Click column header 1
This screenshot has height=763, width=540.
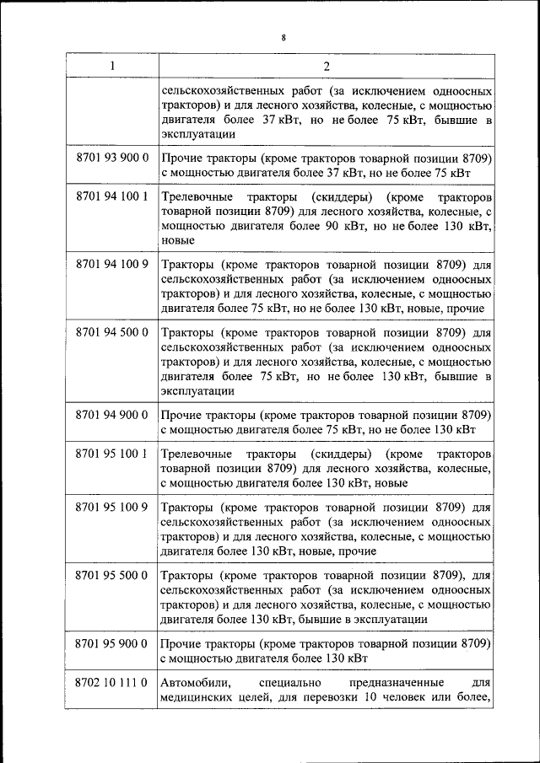tap(111, 66)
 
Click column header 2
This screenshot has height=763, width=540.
tap(326, 66)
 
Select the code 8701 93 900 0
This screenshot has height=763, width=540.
tap(111, 159)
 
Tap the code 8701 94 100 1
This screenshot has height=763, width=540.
tap(111, 197)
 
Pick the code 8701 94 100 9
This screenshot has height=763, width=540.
tap(111, 264)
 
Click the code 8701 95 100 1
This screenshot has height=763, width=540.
tap(111, 453)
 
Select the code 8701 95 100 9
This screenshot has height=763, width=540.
tap(111, 508)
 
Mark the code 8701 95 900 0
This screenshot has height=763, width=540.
tap(111, 643)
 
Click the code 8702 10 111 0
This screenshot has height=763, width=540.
tap(111, 681)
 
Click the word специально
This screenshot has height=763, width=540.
tap(290, 681)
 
